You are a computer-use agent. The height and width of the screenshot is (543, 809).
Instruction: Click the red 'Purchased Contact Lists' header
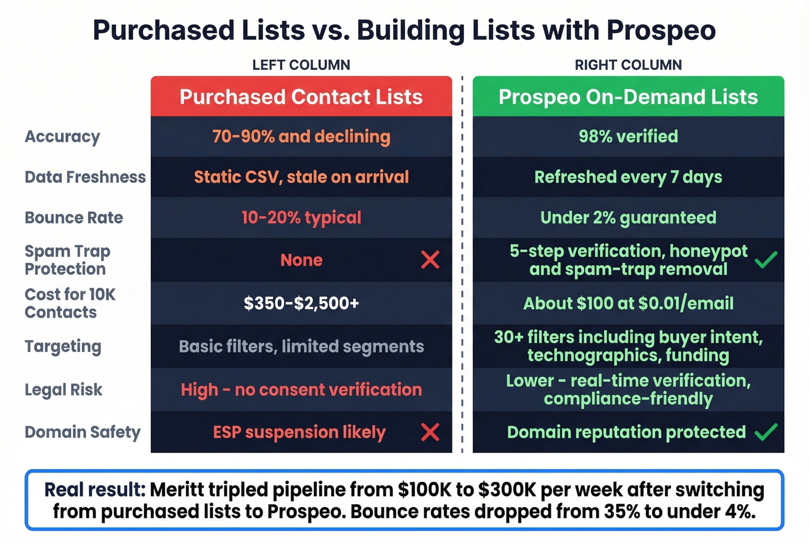click(x=301, y=97)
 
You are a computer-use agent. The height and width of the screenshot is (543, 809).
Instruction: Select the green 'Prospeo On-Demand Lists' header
click(x=628, y=97)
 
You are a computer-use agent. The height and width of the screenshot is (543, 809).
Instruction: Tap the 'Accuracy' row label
click(x=62, y=136)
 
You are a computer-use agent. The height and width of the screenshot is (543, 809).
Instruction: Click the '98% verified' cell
click(x=628, y=136)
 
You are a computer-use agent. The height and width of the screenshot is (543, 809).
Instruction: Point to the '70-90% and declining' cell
click(x=301, y=136)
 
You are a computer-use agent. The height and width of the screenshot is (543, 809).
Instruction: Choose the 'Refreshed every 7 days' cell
click(x=628, y=177)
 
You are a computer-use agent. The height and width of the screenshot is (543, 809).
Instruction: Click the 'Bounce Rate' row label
click(x=74, y=217)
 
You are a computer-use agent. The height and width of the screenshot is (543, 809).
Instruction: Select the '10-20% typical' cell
click(x=301, y=217)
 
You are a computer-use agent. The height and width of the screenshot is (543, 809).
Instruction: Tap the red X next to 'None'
click(x=430, y=260)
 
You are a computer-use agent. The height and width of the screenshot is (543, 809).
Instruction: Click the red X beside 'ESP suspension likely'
click(x=430, y=432)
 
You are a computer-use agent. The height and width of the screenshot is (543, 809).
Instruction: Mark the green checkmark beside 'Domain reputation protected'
click(x=766, y=432)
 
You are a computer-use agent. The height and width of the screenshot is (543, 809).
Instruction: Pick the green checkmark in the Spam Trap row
click(x=766, y=260)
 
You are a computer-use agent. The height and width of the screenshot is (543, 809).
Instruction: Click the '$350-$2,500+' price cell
click(x=301, y=303)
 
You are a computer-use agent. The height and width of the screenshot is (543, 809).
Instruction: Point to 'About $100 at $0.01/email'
click(x=628, y=303)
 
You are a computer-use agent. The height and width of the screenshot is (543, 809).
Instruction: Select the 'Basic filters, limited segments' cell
click(x=301, y=346)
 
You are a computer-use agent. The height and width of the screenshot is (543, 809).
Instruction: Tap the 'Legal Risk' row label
click(x=64, y=390)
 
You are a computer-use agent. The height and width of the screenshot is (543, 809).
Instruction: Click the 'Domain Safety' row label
click(x=83, y=432)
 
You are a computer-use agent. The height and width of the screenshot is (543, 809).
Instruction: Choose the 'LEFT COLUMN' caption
click(x=301, y=65)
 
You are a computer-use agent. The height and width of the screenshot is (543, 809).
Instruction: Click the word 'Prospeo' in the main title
click(x=661, y=30)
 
